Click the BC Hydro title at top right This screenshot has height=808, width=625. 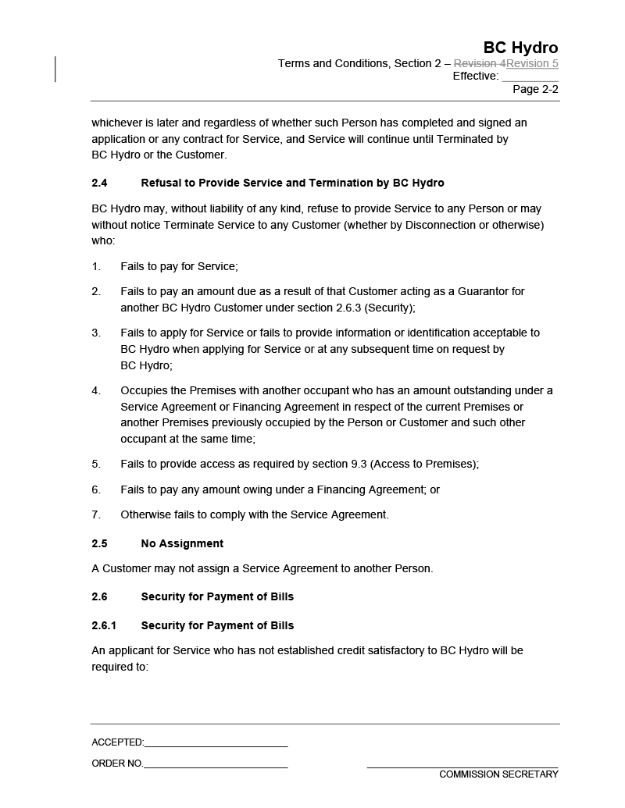pyautogui.click(x=520, y=48)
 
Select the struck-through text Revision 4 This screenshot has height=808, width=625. pyautogui.click(x=480, y=63)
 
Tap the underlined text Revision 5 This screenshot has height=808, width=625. pyautogui.click(x=532, y=63)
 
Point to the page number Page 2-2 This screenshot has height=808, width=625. pyautogui.click(x=535, y=89)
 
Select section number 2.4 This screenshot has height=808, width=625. pyautogui.click(x=99, y=183)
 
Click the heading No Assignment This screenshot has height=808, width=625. pyautogui.click(x=182, y=543)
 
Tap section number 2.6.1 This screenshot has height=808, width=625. pyautogui.click(x=104, y=625)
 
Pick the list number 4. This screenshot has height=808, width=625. pyautogui.click(x=96, y=390)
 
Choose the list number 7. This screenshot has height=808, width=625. pyautogui.click(x=96, y=514)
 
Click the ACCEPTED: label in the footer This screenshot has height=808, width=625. pyautogui.click(x=117, y=742)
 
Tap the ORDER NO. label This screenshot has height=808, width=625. pyautogui.click(x=117, y=764)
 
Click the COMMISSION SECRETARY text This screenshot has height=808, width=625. pyautogui.click(x=498, y=774)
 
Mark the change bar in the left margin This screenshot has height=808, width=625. pyautogui.click(x=55, y=69)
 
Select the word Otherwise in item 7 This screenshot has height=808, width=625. pyautogui.click(x=145, y=514)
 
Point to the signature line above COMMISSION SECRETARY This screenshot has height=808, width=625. pyautogui.click(x=462, y=767)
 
